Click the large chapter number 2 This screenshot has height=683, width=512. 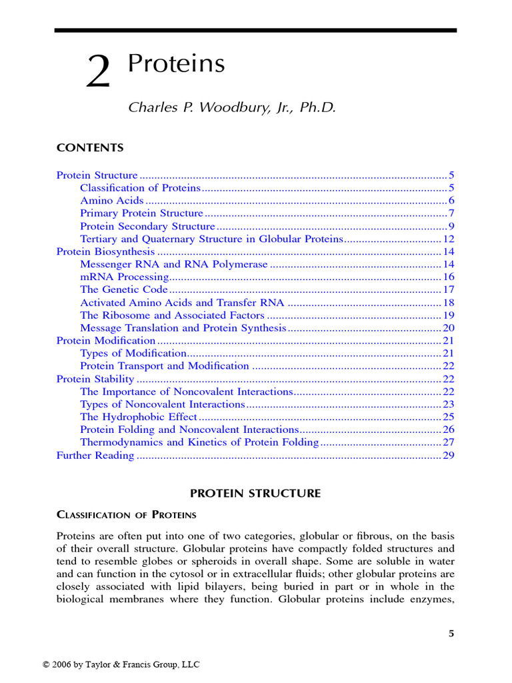pos(98,73)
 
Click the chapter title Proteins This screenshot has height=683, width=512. pos(176,64)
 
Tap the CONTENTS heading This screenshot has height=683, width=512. pos(90,147)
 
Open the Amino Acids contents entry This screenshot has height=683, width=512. pos(111,201)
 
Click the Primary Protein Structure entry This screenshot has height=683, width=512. pos(141,213)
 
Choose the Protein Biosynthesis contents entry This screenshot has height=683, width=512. pos(105,251)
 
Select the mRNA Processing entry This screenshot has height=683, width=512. pos(124,277)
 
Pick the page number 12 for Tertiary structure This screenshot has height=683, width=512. pos(448,239)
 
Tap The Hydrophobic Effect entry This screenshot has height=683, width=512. pos(139,417)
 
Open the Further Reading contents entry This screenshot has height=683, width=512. pos(95,456)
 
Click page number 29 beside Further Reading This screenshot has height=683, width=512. pos(448,456)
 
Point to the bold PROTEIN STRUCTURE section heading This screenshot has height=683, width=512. pos(255,494)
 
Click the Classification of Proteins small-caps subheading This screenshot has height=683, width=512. pos(126,515)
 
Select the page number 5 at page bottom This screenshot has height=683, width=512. pos(451,634)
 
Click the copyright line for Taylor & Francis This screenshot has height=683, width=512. pos(121,664)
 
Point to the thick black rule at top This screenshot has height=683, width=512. pos(255,30)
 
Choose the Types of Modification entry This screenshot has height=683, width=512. pos(133,354)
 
